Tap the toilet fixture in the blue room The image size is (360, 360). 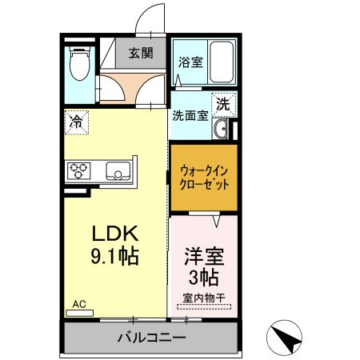(78, 66)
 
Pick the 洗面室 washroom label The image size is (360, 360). (190, 114)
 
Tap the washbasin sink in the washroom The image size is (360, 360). (223, 130)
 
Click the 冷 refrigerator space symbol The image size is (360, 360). (76, 122)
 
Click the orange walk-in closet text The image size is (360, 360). (203, 177)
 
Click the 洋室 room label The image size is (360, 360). (203, 258)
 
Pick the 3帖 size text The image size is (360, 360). (203, 278)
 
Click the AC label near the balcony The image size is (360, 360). (79, 304)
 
